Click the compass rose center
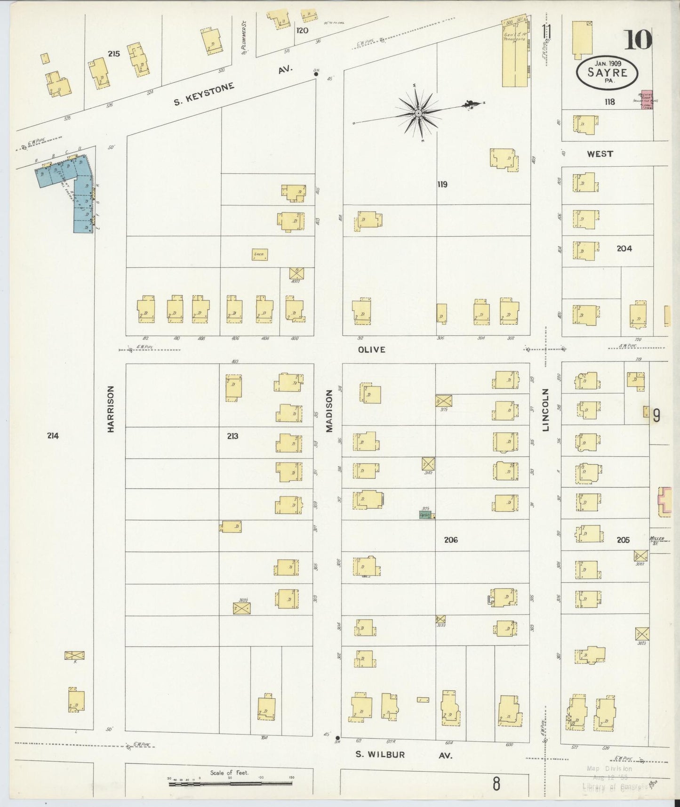[x=418, y=113]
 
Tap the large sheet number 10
[x=638, y=40]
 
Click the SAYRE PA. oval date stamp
[x=607, y=72]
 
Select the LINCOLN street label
[x=546, y=410]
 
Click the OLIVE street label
[x=371, y=349]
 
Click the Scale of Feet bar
[x=230, y=784]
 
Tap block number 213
[x=232, y=436]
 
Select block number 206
[x=450, y=540]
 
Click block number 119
[x=442, y=185]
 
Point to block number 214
[x=53, y=436]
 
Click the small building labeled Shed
[x=260, y=254]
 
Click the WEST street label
[x=600, y=154]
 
